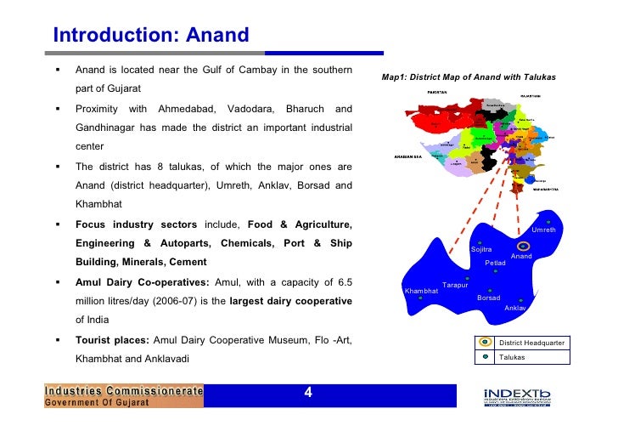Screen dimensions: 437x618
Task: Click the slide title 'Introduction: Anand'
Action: pyautogui.click(x=150, y=36)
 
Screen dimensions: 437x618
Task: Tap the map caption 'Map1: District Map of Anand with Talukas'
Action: pyautogui.click(x=469, y=77)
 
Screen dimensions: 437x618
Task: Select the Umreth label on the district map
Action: pyautogui.click(x=543, y=230)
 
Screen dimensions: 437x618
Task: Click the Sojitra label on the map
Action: pyautogui.click(x=481, y=249)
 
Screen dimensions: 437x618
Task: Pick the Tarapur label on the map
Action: pyautogui.click(x=455, y=285)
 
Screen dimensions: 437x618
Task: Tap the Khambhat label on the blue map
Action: pyautogui.click(x=421, y=291)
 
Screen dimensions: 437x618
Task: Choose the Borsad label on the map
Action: pyautogui.click(x=488, y=298)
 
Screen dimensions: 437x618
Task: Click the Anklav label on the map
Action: pyautogui.click(x=515, y=308)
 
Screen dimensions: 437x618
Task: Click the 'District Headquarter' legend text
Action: pyautogui.click(x=531, y=343)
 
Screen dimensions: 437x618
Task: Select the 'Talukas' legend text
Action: pyautogui.click(x=512, y=357)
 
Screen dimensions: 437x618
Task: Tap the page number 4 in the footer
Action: pyautogui.click(x=308, y=393)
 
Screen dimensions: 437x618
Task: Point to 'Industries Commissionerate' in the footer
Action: pyautogui.click(x=124, y=391)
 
